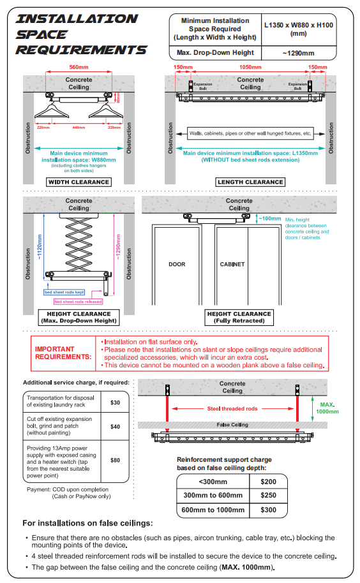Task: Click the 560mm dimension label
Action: click(x=79, y=68)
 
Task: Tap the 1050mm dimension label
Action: click(x=250, y=68)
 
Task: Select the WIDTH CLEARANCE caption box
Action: click(x=79, y=182)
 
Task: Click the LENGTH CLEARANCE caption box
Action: click(x=250, y=182)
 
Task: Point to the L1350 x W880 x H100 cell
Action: click(x=299, y=29)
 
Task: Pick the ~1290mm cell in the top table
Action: click(x=299, y=53)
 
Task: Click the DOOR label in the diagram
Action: click(x=177, y=264)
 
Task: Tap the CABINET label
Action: click(x=232, y=264)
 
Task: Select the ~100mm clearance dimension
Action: click(x=270, y=219)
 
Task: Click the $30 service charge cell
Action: click(x=116, y=402)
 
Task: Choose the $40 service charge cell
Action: click(x=116, y=427)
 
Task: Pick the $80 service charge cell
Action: click(x=116, y=461)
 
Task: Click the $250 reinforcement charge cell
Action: click(x=268, y=495)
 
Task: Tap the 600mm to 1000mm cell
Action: click(x=213, y=510)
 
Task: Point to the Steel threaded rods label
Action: click(x=232, y=409)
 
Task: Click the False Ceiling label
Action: click(x=232, y=425)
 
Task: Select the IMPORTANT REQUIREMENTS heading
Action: click(x=63, y=353)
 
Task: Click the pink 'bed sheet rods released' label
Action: click(x=78, y=302)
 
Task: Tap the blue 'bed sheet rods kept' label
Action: click(x=64, y=292)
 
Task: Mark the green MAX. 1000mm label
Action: click(x=327, y=408)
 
